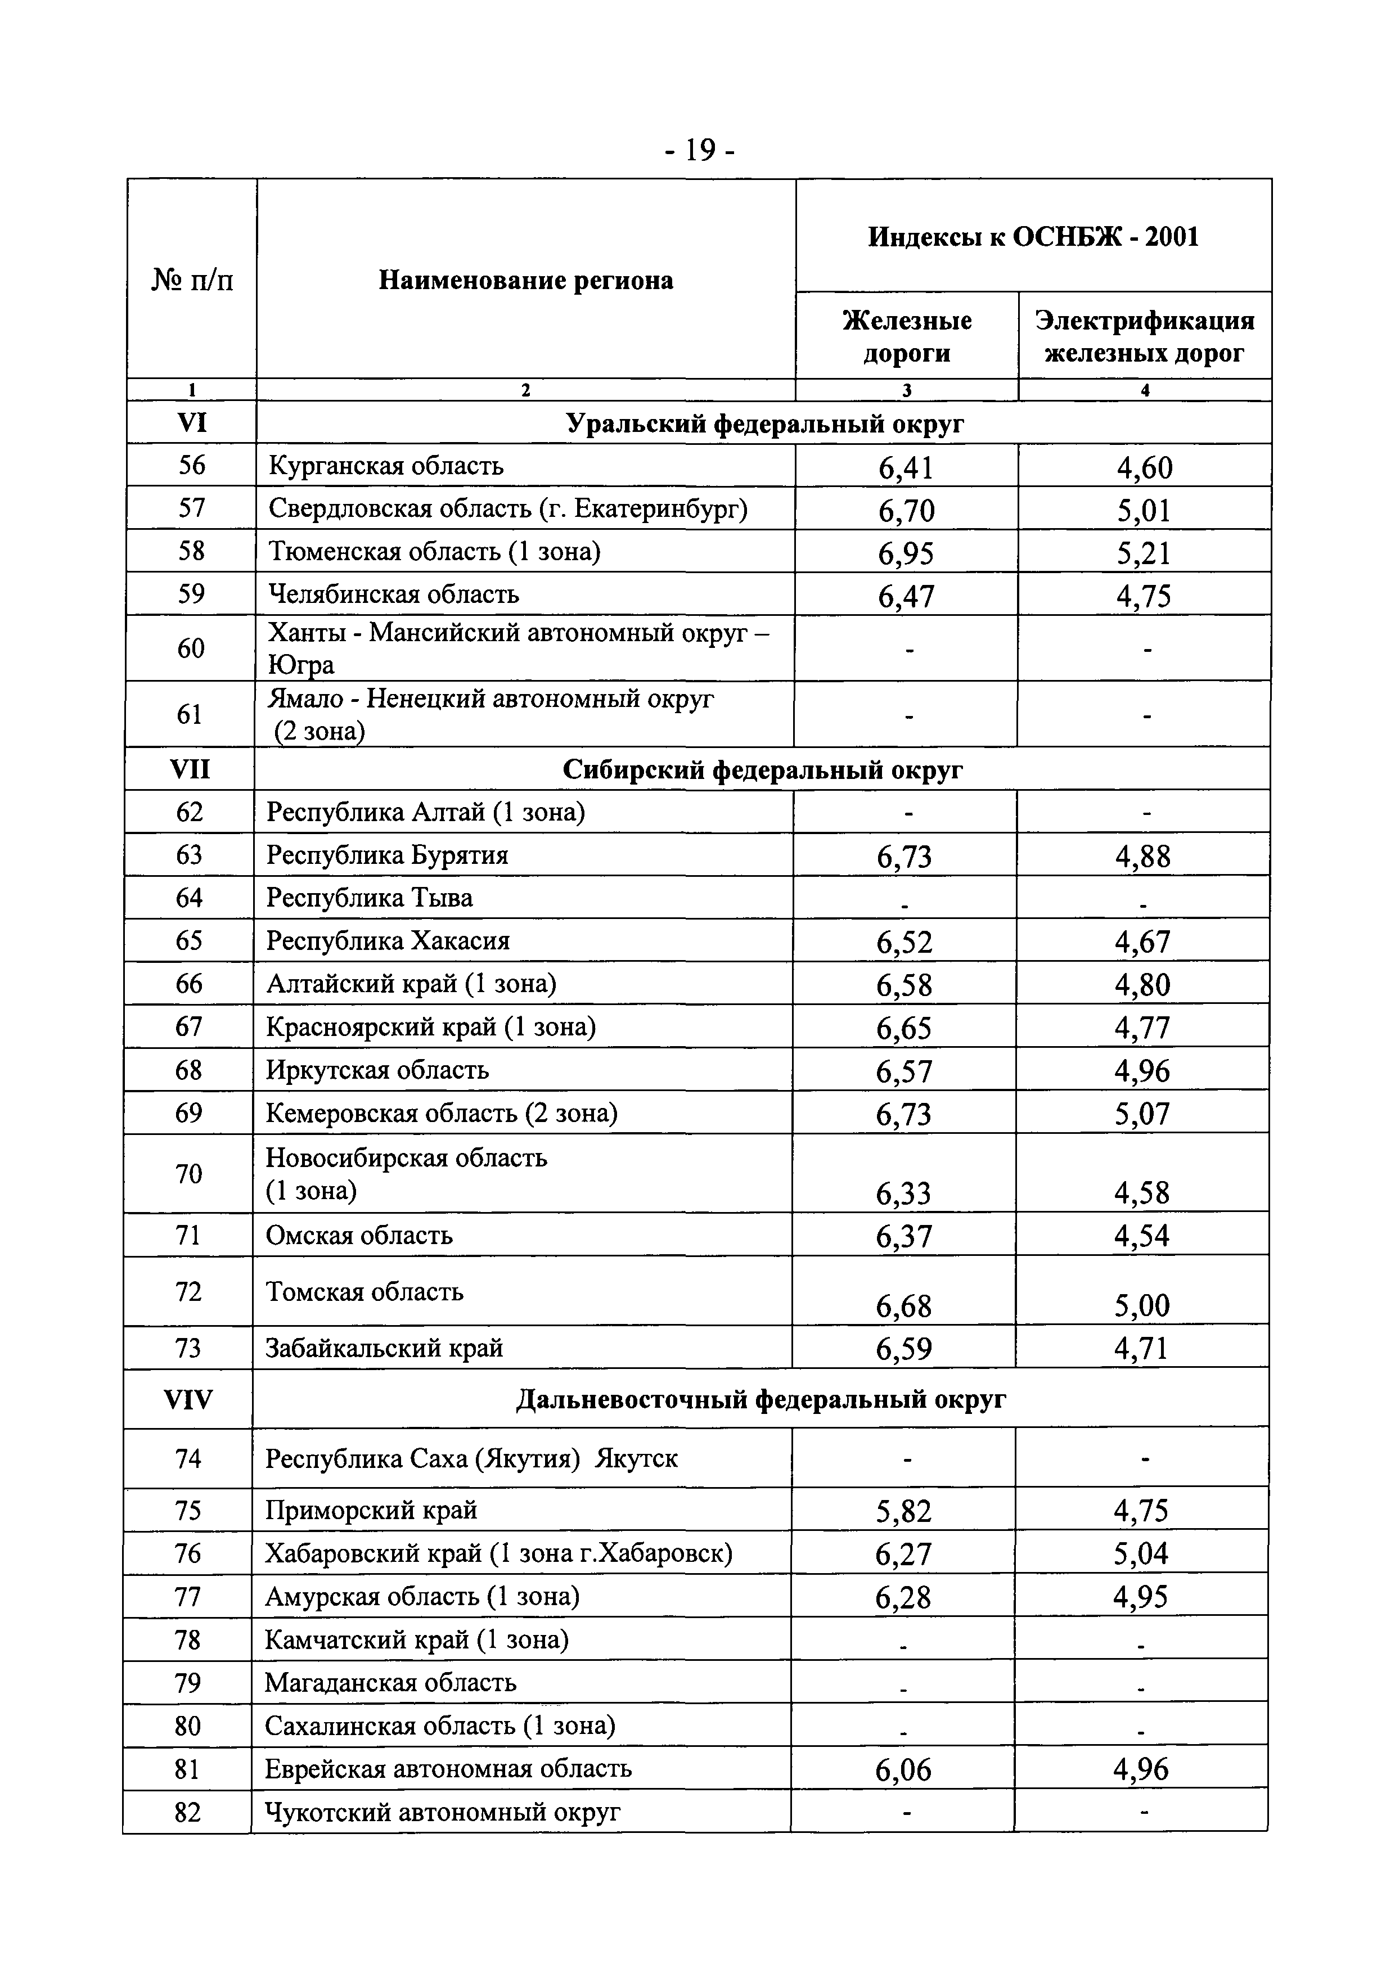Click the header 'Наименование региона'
(526, 280)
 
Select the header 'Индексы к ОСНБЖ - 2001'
(1033, 236)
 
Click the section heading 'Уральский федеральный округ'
(764, 424)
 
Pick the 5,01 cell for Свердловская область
(1144, 511)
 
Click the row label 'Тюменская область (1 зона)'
(434, 551)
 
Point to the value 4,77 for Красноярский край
(1143, 1028)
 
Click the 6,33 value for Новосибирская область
(904, 1193)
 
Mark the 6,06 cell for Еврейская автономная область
(903, 1770)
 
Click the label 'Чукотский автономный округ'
(443, 1812)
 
